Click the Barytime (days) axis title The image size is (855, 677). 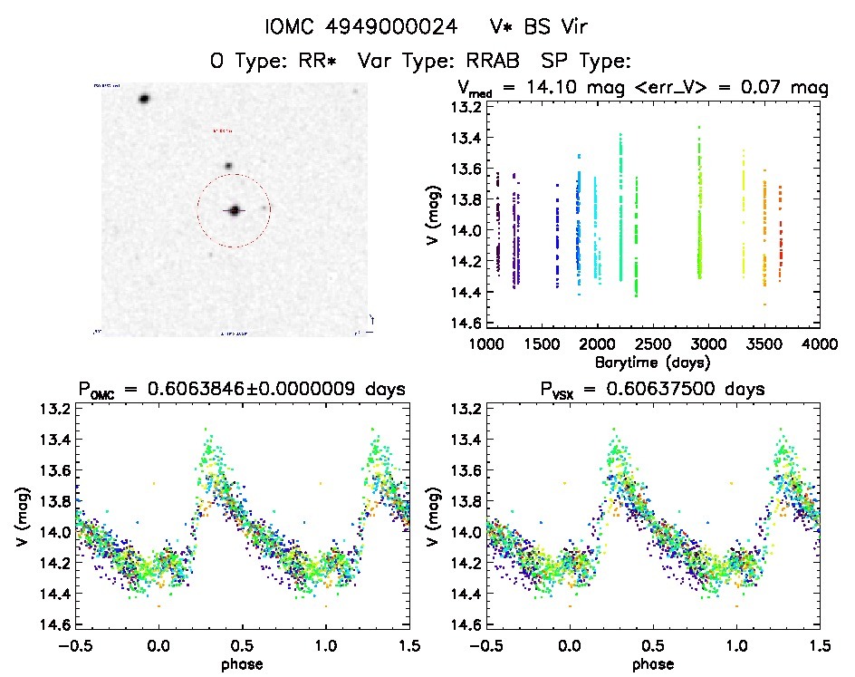coord(653,362)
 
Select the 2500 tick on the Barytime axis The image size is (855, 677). coord(653,344)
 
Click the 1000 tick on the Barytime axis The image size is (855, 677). coord(487,344)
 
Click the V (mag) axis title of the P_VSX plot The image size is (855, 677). coord(436,517)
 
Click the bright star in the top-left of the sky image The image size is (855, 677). coord(144,99)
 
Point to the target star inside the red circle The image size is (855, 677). coord(235,210)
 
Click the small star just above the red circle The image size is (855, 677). coord(228,166)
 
